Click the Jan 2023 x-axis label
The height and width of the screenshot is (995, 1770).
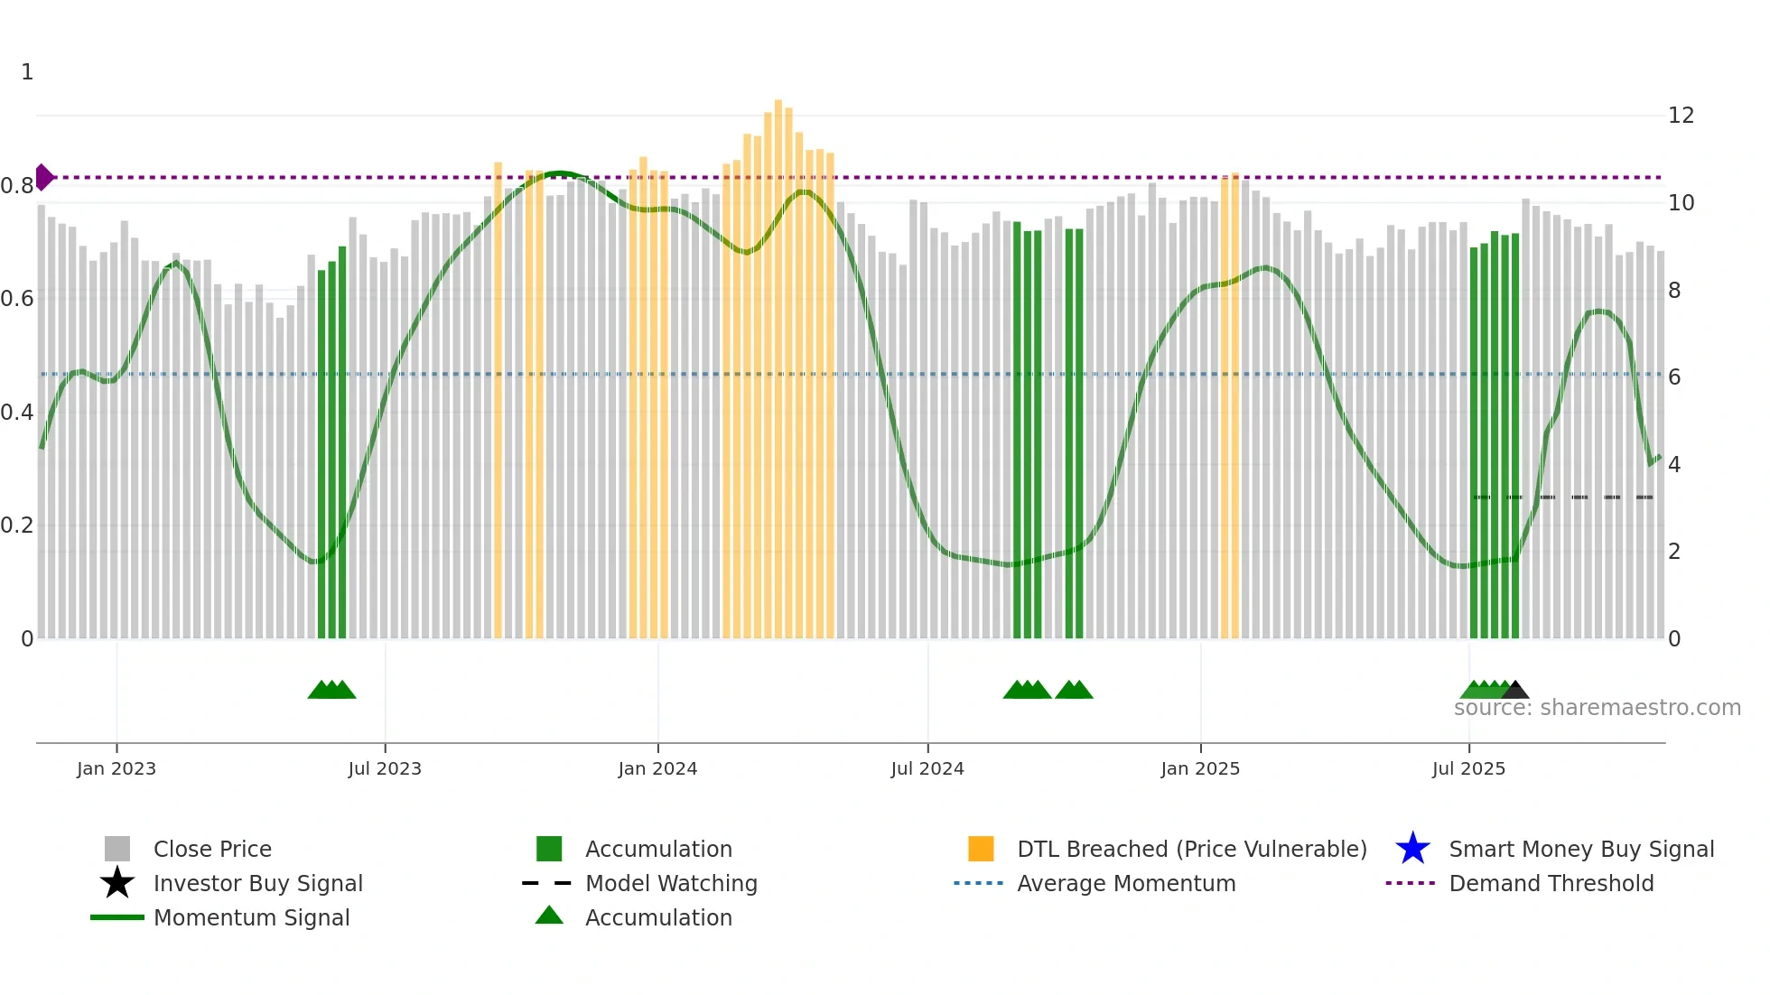click(x=116, y=768)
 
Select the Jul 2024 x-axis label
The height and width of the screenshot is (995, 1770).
click(x=927, y=768)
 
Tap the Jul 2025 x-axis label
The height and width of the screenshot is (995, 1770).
click(x=1468, y=768)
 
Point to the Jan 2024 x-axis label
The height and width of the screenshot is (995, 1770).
click(x=657, y=768)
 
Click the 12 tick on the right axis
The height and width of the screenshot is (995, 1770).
click(x=1681, y=116)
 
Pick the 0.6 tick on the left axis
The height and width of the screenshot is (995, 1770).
click(x=17, y=299)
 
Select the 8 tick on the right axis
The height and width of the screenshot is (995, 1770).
click(x=1674, y=291)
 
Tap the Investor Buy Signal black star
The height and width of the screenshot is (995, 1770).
click(x=117, y=883)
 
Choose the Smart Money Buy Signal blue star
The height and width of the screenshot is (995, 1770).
click(x=1412, y=849)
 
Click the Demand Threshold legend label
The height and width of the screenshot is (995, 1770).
click(x=1551, y=883)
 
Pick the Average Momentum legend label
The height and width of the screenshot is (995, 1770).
click(x=1126, y=883)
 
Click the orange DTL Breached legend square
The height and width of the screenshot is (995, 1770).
click(x=981, y=849)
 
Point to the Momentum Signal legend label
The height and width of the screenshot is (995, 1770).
click(x=251, y=917)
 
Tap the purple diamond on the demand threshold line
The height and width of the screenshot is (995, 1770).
click(x=43, y=177)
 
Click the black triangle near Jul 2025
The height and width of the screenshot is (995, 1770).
click(x=1514, y=690)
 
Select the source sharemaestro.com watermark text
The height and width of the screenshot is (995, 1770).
click(x=1597, y=708)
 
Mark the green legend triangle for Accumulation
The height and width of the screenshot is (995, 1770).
click(x=549, y=916)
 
